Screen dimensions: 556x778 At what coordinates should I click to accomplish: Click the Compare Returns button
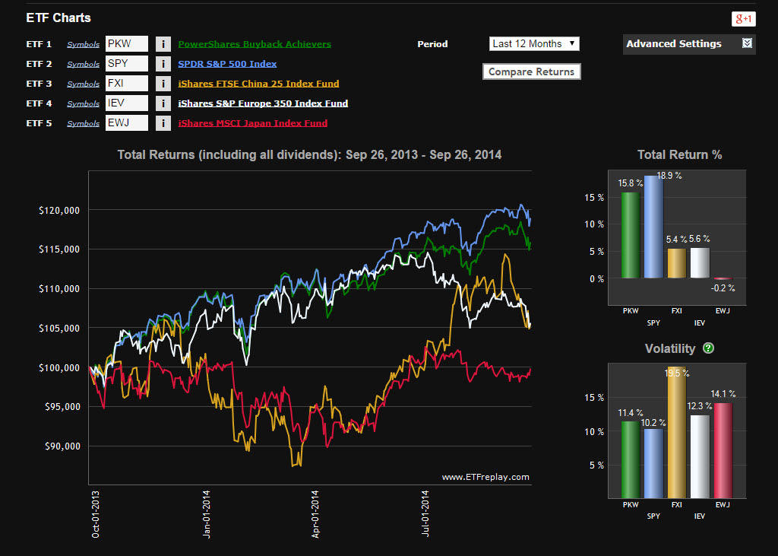(x=531, y=71)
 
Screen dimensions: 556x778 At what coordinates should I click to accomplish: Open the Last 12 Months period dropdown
(x=534, y=44)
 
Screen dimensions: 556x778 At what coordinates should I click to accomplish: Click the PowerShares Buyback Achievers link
(x=255, y=44)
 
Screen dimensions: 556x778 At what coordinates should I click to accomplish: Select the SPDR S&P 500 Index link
(x=227, y=64)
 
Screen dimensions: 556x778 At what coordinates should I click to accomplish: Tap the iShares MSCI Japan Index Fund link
(x=253, y=123)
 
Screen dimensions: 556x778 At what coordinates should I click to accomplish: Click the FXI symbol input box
(x=126, y=84)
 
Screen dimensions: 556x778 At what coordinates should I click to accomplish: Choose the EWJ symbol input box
(x=126, y=123)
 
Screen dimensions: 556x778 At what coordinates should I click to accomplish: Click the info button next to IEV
(x=163, y=103)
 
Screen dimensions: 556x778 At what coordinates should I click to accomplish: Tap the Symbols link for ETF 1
(x=83, y=45)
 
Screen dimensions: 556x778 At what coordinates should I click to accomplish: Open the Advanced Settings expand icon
(x=747, y=43)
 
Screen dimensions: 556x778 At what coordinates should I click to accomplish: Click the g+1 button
(x=742, y=19)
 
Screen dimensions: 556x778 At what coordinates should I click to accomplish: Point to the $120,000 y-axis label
(x=60, y=210)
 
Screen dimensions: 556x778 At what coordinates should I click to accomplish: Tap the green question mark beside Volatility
(x=708, y=348)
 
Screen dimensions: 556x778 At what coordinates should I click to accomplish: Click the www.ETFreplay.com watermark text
(x=485, y=478)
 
